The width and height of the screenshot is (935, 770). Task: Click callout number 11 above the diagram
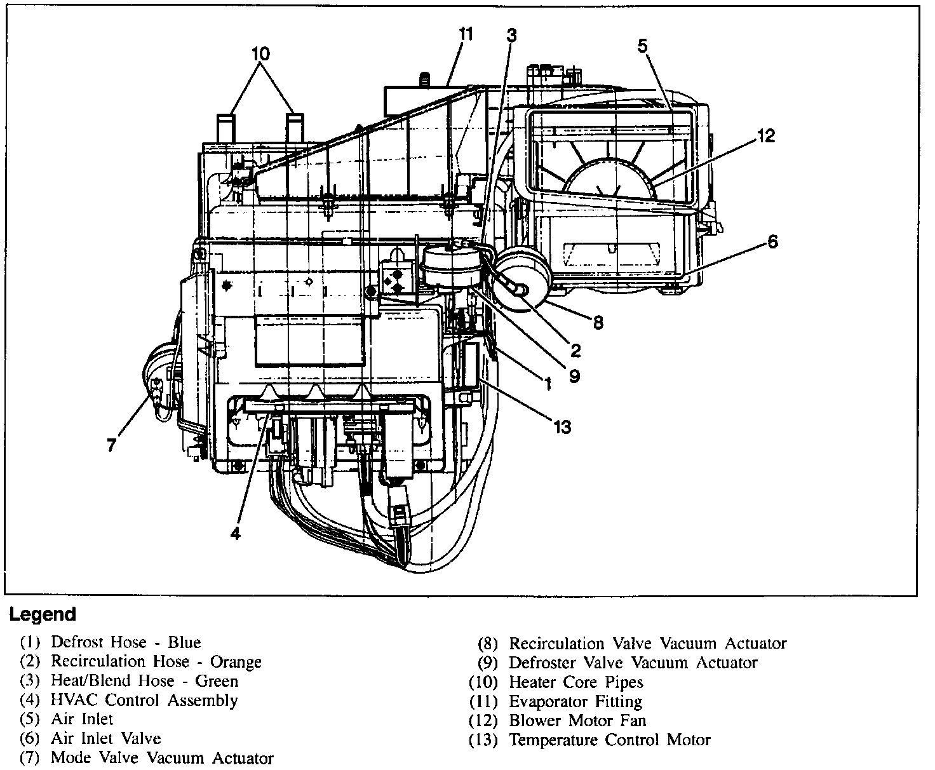click(466, 34)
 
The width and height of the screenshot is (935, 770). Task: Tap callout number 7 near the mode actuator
click(112, 445)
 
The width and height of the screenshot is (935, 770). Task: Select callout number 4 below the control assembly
click(236, 534)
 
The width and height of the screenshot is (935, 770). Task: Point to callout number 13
click(562, 427)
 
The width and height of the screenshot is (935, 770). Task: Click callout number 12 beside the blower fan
click(766, 136)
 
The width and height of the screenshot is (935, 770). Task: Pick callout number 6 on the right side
click(772, 241)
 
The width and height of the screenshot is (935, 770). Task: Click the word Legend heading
click(42, 614)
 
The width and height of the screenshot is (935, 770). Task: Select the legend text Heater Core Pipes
click(575, 682)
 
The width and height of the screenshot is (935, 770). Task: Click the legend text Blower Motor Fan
click(577, 720)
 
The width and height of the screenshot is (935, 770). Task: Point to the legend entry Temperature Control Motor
click(609, 740)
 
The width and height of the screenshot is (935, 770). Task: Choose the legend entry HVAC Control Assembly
click(144, 700)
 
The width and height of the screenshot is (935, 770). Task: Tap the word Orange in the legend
click(236, 661)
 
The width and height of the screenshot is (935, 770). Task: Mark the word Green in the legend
click(217, 681)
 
